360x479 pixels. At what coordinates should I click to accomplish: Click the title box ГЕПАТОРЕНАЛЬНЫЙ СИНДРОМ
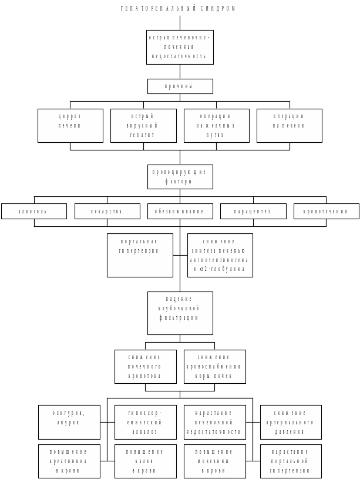point(180,8)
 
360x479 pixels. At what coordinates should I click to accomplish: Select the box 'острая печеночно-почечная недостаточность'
point(180,47)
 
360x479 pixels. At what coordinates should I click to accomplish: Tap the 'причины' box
point(180,86)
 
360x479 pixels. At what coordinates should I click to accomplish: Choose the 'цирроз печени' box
point(70,125)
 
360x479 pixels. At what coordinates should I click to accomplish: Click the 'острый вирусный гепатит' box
point(143,125)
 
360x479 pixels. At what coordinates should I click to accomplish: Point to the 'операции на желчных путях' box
point(216,125)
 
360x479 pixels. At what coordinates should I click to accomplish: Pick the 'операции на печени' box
point(289,125)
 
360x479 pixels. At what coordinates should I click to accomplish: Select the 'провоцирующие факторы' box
point(180,177)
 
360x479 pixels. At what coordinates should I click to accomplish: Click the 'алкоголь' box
point(34,211)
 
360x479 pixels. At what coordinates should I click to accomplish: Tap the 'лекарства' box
point(107,211)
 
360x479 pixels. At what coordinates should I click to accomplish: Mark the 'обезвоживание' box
point(180,211)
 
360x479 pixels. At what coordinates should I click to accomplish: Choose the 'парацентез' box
point(253,211)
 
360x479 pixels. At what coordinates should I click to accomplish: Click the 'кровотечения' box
point(326,211)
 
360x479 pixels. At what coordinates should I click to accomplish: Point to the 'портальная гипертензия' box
point(140,255)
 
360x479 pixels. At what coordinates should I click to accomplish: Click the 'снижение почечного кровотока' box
point(145,367)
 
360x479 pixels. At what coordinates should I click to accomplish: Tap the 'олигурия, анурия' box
point(69,422)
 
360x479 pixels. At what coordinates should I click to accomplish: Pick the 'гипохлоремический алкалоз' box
point(145,422)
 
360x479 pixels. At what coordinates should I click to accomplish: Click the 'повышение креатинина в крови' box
point(69,461)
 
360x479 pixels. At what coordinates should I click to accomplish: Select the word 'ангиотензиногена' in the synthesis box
point(220,259)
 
